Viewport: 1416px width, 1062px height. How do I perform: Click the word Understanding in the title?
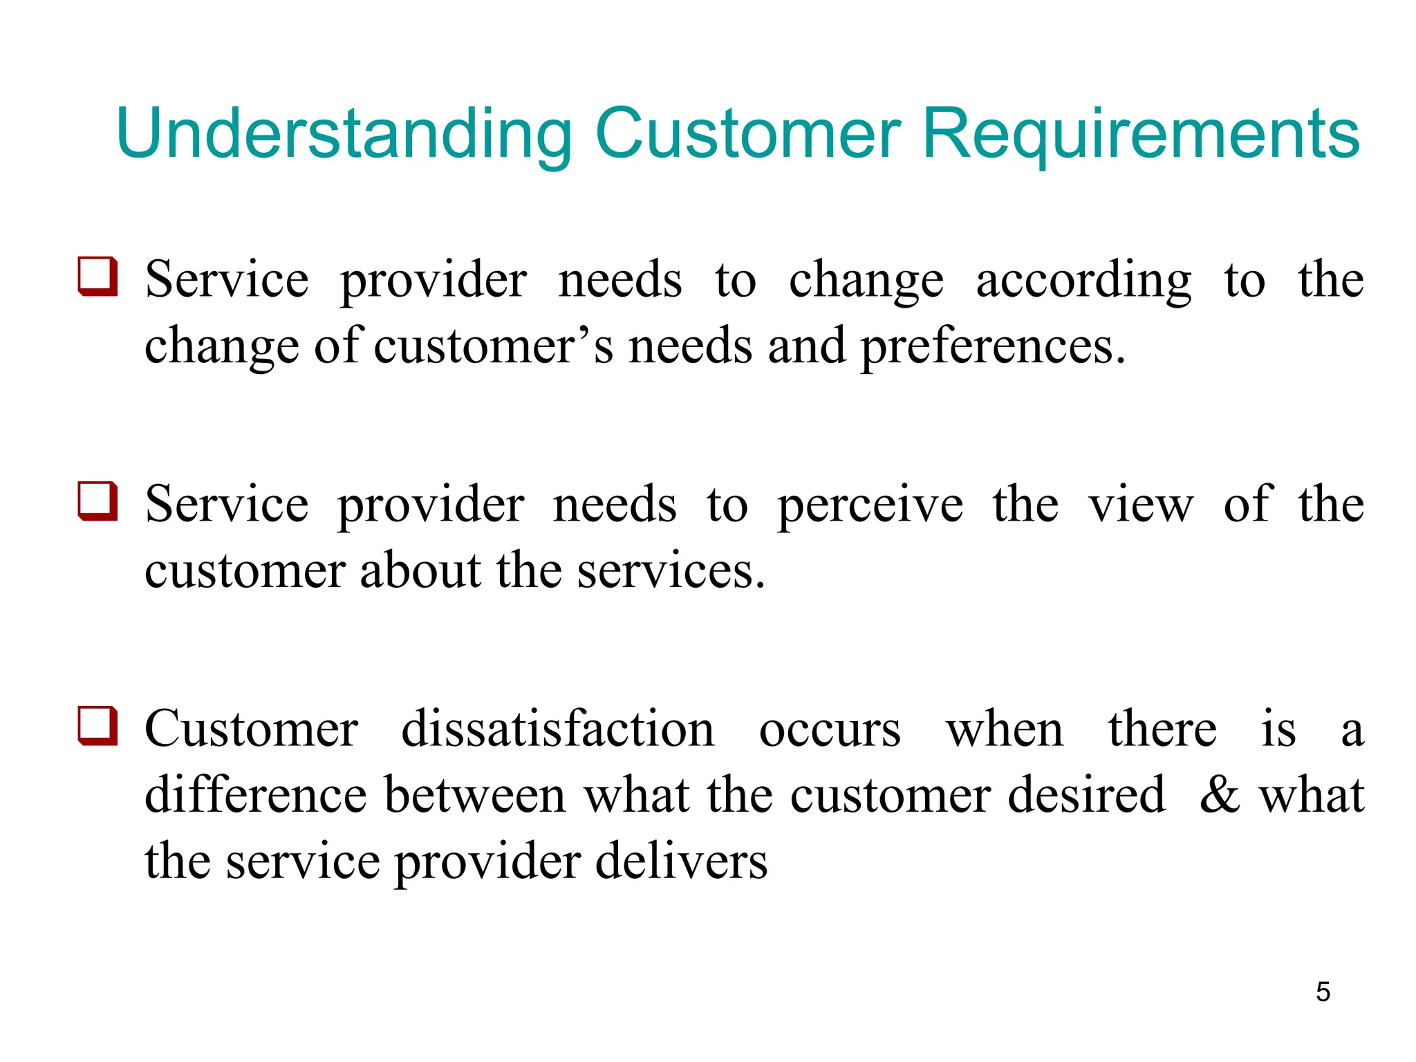pos(344,133)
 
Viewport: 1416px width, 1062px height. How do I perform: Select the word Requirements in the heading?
pos(1141,133)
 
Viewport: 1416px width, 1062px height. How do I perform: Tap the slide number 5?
pos(1323,991)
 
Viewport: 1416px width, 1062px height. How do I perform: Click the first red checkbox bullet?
pos(97,277)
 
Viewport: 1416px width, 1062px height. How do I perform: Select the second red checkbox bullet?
pos(97,501)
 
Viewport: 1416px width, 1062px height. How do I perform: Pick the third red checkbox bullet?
pos(97,726)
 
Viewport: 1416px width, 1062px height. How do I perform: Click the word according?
pos(1083,281)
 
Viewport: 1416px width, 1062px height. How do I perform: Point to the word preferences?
pos(992,346)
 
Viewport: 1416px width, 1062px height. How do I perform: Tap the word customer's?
pos(493,346)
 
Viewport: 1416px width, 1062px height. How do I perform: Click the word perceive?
pos(870,505)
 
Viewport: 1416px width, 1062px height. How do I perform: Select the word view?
pos(1141,505)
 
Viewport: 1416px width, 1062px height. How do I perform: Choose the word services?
pos(670,572)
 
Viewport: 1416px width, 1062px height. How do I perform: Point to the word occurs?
pos(830,730)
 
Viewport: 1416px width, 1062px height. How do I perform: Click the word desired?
pos(1086,795)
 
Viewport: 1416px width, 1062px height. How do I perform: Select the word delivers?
pos(681,861)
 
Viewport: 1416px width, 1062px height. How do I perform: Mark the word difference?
pos(256,795)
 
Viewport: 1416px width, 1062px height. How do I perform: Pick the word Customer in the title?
pos(747,133)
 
